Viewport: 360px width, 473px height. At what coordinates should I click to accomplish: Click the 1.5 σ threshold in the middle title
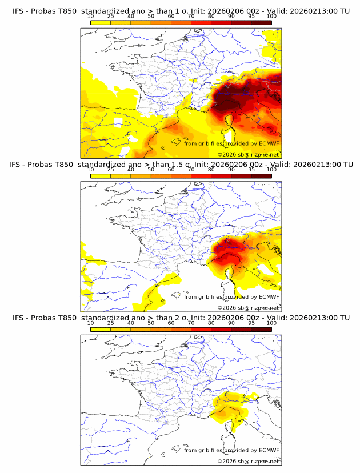pyautogui.click(x=183, y=164)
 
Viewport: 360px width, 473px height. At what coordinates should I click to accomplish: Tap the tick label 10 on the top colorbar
pyautogui.click(x=91, y=16)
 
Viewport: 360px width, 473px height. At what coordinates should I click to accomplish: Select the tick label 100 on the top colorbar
pyautogui.click(x=271, y=16)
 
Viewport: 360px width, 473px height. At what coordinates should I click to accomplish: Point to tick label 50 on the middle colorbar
pyautogui.click(x=151, y=170)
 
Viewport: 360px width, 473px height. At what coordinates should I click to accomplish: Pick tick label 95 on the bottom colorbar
pyautogui.click(x=251, y=323)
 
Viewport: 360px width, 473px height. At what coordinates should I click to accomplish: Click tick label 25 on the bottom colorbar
pyautogui.click(x=111, y=323)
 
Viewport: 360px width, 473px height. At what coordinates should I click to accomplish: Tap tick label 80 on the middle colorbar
pyautogui.click(x=211, y=170)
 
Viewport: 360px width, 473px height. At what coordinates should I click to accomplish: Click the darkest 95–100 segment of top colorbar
pyautogui.click(x=262, y=22)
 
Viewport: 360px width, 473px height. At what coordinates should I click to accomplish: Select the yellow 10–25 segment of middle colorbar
pyautogui.click(x=101, y=176)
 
